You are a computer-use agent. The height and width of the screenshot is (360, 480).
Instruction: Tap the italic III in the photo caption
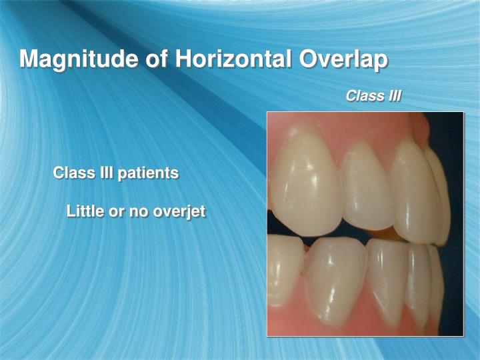pyautogui.click(x=393, y=96)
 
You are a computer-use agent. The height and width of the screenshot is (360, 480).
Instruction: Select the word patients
pyautogui.click(x=148, y=173)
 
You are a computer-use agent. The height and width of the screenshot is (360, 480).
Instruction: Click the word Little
pyautogui.click(x=85, y=212)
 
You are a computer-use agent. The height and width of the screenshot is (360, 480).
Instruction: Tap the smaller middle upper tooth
pyautogui.click(x=367, y=190)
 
